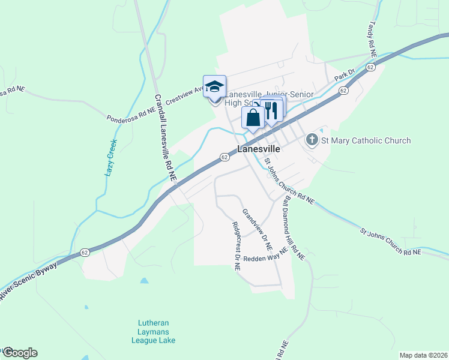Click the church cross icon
coord(312,140)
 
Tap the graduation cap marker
coord(214,86)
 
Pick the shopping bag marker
coord(253,117)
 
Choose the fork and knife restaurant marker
coord(271,110)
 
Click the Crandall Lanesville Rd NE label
coord(164,138)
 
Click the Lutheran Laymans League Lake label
coord(153,331)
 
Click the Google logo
coord(19,353)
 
